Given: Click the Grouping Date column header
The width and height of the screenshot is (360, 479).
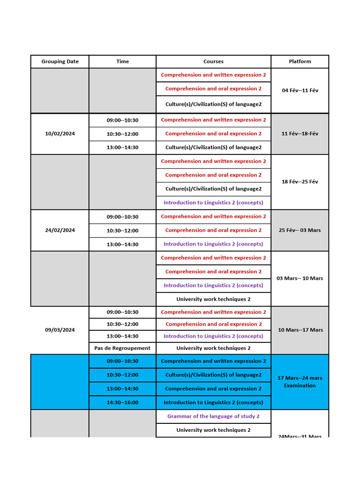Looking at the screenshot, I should point(60,61).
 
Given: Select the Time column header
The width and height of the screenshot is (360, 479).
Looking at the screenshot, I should point(122,61).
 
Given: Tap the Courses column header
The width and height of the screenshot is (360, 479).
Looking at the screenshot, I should point(213,61).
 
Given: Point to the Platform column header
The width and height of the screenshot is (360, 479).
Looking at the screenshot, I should point(300,61).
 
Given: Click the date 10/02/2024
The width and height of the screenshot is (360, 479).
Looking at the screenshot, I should point(60,134).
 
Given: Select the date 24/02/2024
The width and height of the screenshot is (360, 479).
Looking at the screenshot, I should point(60,230).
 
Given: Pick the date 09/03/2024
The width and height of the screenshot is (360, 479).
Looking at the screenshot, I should point(60,330).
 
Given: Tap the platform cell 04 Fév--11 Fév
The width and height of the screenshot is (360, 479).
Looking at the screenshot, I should point(300,90).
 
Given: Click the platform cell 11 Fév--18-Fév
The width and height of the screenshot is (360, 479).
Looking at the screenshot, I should point(300,134).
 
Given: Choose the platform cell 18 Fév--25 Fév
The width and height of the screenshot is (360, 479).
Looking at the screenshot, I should point(300,181).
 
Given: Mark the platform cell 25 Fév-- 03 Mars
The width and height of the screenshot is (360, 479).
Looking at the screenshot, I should point(300,230).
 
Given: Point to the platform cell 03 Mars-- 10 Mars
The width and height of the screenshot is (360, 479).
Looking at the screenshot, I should point(300,278).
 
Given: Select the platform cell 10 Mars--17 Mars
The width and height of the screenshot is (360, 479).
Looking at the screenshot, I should point(300,330).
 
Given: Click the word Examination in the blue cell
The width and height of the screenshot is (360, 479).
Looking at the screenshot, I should point(300,386).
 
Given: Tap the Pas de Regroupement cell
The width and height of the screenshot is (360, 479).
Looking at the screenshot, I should point(122,348).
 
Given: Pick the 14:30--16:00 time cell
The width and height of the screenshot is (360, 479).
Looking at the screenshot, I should point(122,402).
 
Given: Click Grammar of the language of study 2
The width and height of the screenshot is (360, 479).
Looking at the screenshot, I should point(213,416).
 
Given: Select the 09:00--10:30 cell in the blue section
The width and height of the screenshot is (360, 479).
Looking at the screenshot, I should point(122,361).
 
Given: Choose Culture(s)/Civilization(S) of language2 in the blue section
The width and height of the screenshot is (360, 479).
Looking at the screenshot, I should point(213,375).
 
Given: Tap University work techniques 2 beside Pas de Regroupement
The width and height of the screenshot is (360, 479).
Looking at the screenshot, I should point(213,348).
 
